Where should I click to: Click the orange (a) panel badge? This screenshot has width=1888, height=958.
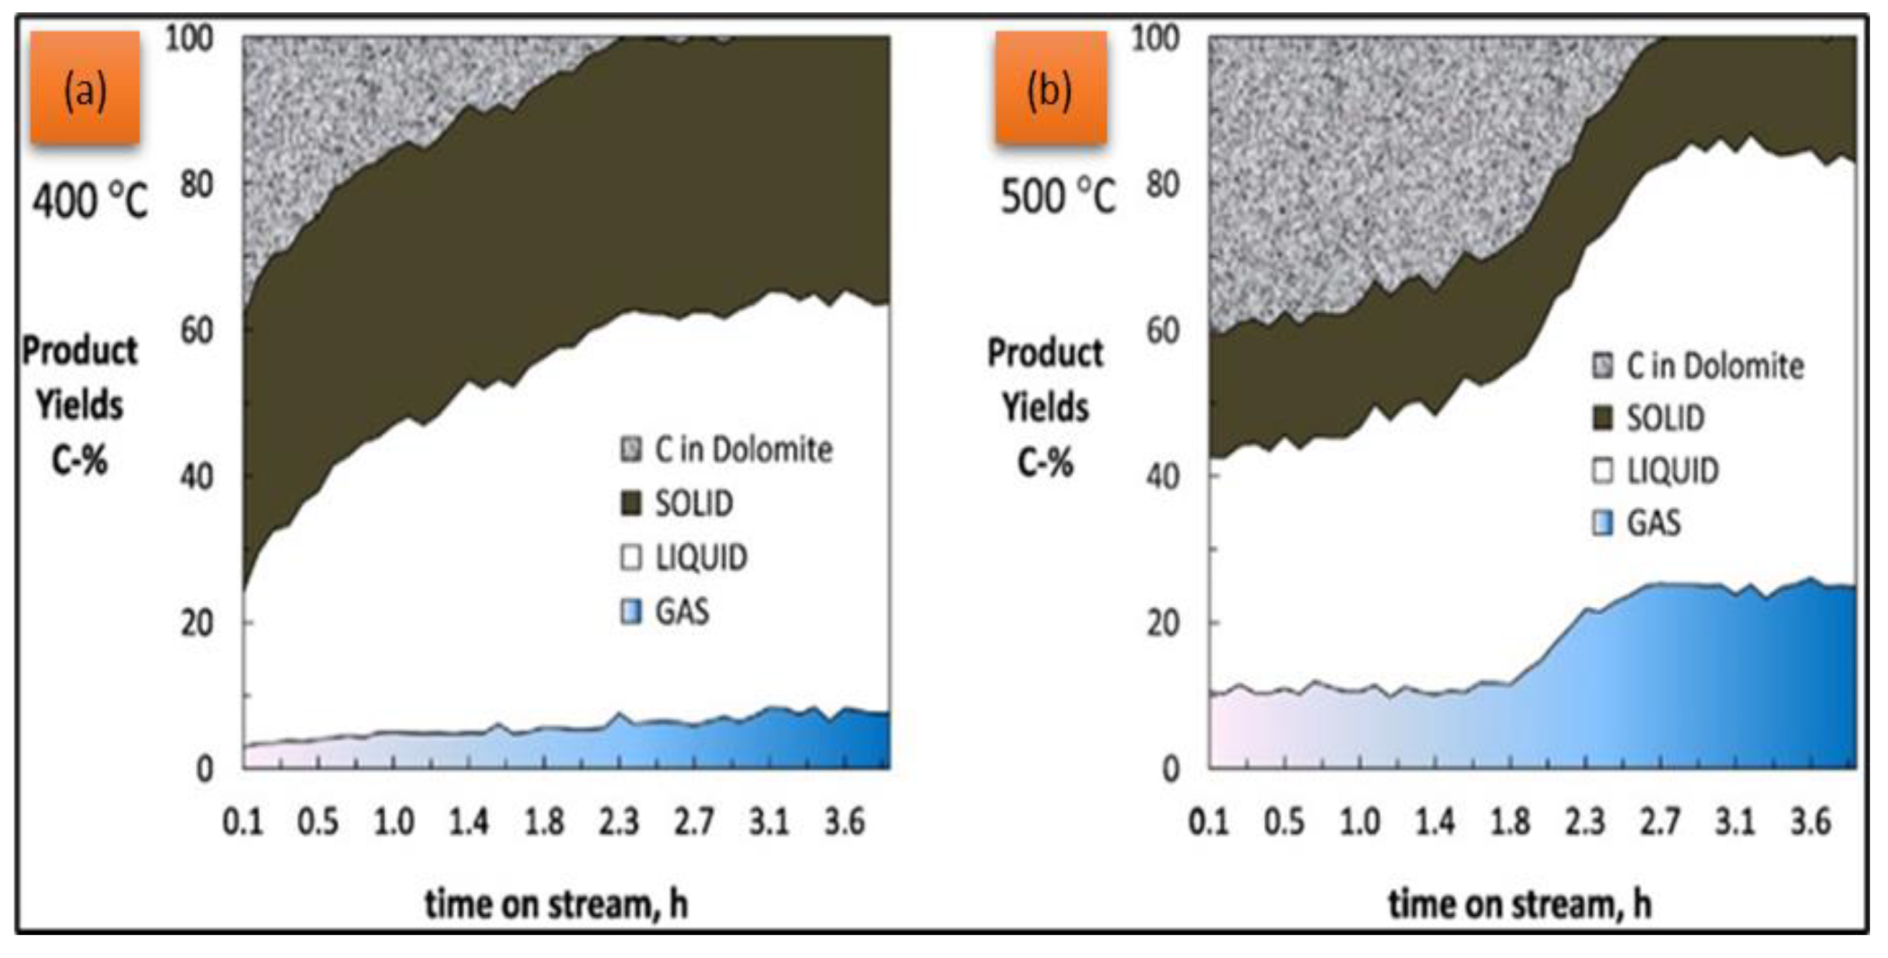(85, 88)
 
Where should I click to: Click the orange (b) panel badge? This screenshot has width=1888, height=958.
(1050, 88)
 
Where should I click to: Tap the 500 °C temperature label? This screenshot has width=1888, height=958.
(1058, 196)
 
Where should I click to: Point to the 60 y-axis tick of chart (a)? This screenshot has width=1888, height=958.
(196, 330)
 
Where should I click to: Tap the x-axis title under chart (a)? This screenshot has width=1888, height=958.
(556, 904)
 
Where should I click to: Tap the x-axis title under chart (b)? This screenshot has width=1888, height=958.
(1520, 904)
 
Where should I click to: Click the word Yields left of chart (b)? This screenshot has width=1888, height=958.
(1045, 407)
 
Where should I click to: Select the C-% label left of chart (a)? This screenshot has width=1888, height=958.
(79, 460)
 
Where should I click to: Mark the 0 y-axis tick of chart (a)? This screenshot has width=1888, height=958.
(204, 769)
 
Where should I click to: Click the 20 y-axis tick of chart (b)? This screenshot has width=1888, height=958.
(1162, 623)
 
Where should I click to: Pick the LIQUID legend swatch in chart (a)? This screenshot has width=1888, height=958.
(631, 558)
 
